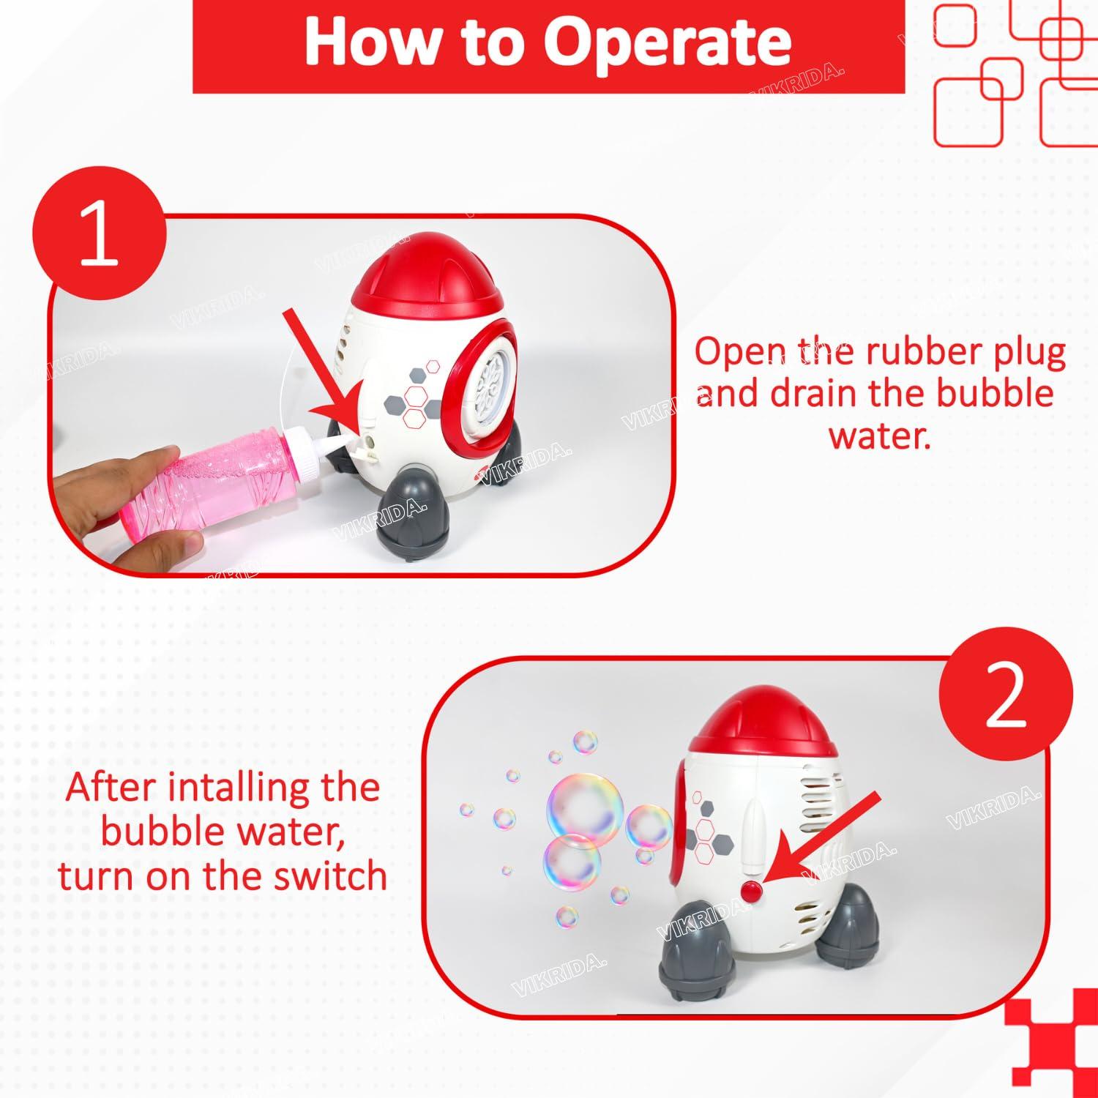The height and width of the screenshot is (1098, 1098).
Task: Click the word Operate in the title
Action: click(667, 42)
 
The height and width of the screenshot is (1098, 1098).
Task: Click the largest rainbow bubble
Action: click(586, 810)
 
